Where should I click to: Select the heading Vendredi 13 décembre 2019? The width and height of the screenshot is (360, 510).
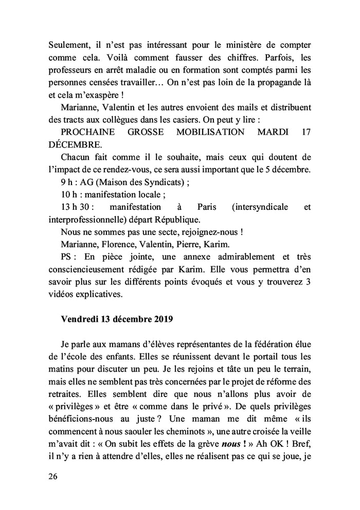pos(117,318)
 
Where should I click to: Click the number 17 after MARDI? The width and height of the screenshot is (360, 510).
pos(305,132)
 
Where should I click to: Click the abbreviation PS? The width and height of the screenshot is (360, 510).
pos(68,257)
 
